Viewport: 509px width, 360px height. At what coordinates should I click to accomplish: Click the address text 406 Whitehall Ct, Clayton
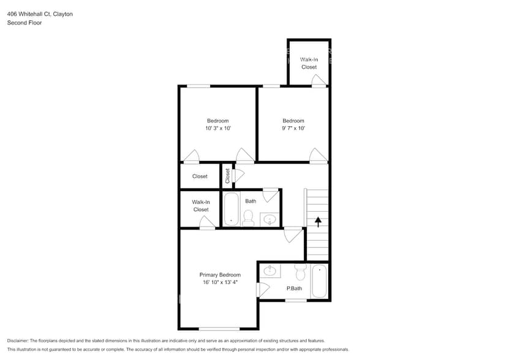click(x=40, y=13)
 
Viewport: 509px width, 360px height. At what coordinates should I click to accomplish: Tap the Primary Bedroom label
click(x=220, y=275)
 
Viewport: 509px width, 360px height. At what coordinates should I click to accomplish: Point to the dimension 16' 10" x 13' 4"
click(x=220, y=283)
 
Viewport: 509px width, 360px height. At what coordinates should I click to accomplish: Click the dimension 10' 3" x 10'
click(x=217, y=129)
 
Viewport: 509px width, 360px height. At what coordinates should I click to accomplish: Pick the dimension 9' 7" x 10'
click(x=293, y=129)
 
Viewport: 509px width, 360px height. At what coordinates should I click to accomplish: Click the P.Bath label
click(x=294, y=288)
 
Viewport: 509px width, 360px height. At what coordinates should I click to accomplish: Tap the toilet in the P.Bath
click(x=300, y=271)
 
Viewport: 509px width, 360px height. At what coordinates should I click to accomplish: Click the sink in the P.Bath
click(x=270, y=270)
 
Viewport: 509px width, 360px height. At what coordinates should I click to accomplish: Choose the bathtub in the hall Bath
click(x=231, y=209)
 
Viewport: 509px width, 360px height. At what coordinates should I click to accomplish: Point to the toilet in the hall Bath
click(x=249, y=218)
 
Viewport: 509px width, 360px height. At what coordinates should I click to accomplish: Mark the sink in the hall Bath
click(x=270, y=218)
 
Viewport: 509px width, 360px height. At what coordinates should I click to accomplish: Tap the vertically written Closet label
click(x=227, y=176)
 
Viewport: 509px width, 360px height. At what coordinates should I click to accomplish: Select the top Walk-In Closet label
click(x=309, y=63)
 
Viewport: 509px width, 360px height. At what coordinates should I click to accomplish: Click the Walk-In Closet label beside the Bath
click(x=201, y=206)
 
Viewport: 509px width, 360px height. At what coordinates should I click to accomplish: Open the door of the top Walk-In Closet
click(x=319, y=81)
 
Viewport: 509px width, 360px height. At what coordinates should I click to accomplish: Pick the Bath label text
click(x=251, y=201)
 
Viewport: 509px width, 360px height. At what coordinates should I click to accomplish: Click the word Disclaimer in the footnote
click(x=20, y=340)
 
